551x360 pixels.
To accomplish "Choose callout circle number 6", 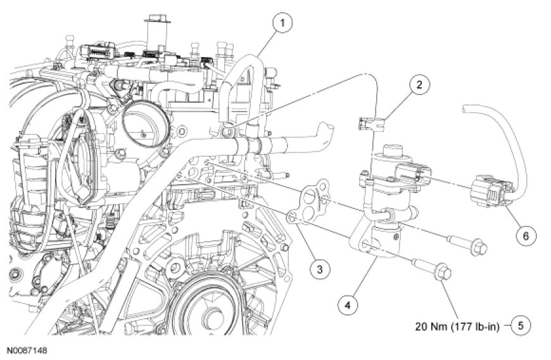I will point(523,235).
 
